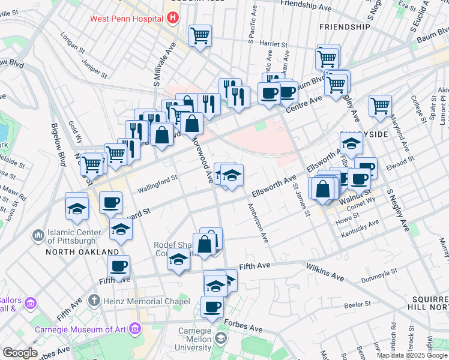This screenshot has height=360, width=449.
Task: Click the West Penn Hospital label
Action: pos(127,19)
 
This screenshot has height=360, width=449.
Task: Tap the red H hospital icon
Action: pos(173,18)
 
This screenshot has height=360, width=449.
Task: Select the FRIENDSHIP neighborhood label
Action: pos(345,28)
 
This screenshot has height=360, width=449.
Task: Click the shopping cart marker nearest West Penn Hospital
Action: pos(200,35)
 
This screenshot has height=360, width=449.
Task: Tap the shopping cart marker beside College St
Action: pos(381,106)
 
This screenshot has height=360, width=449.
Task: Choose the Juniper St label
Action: pos(94,67)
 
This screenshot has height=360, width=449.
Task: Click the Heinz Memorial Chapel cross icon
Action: pos(94,299)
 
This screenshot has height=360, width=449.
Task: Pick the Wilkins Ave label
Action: pos(324,272)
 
